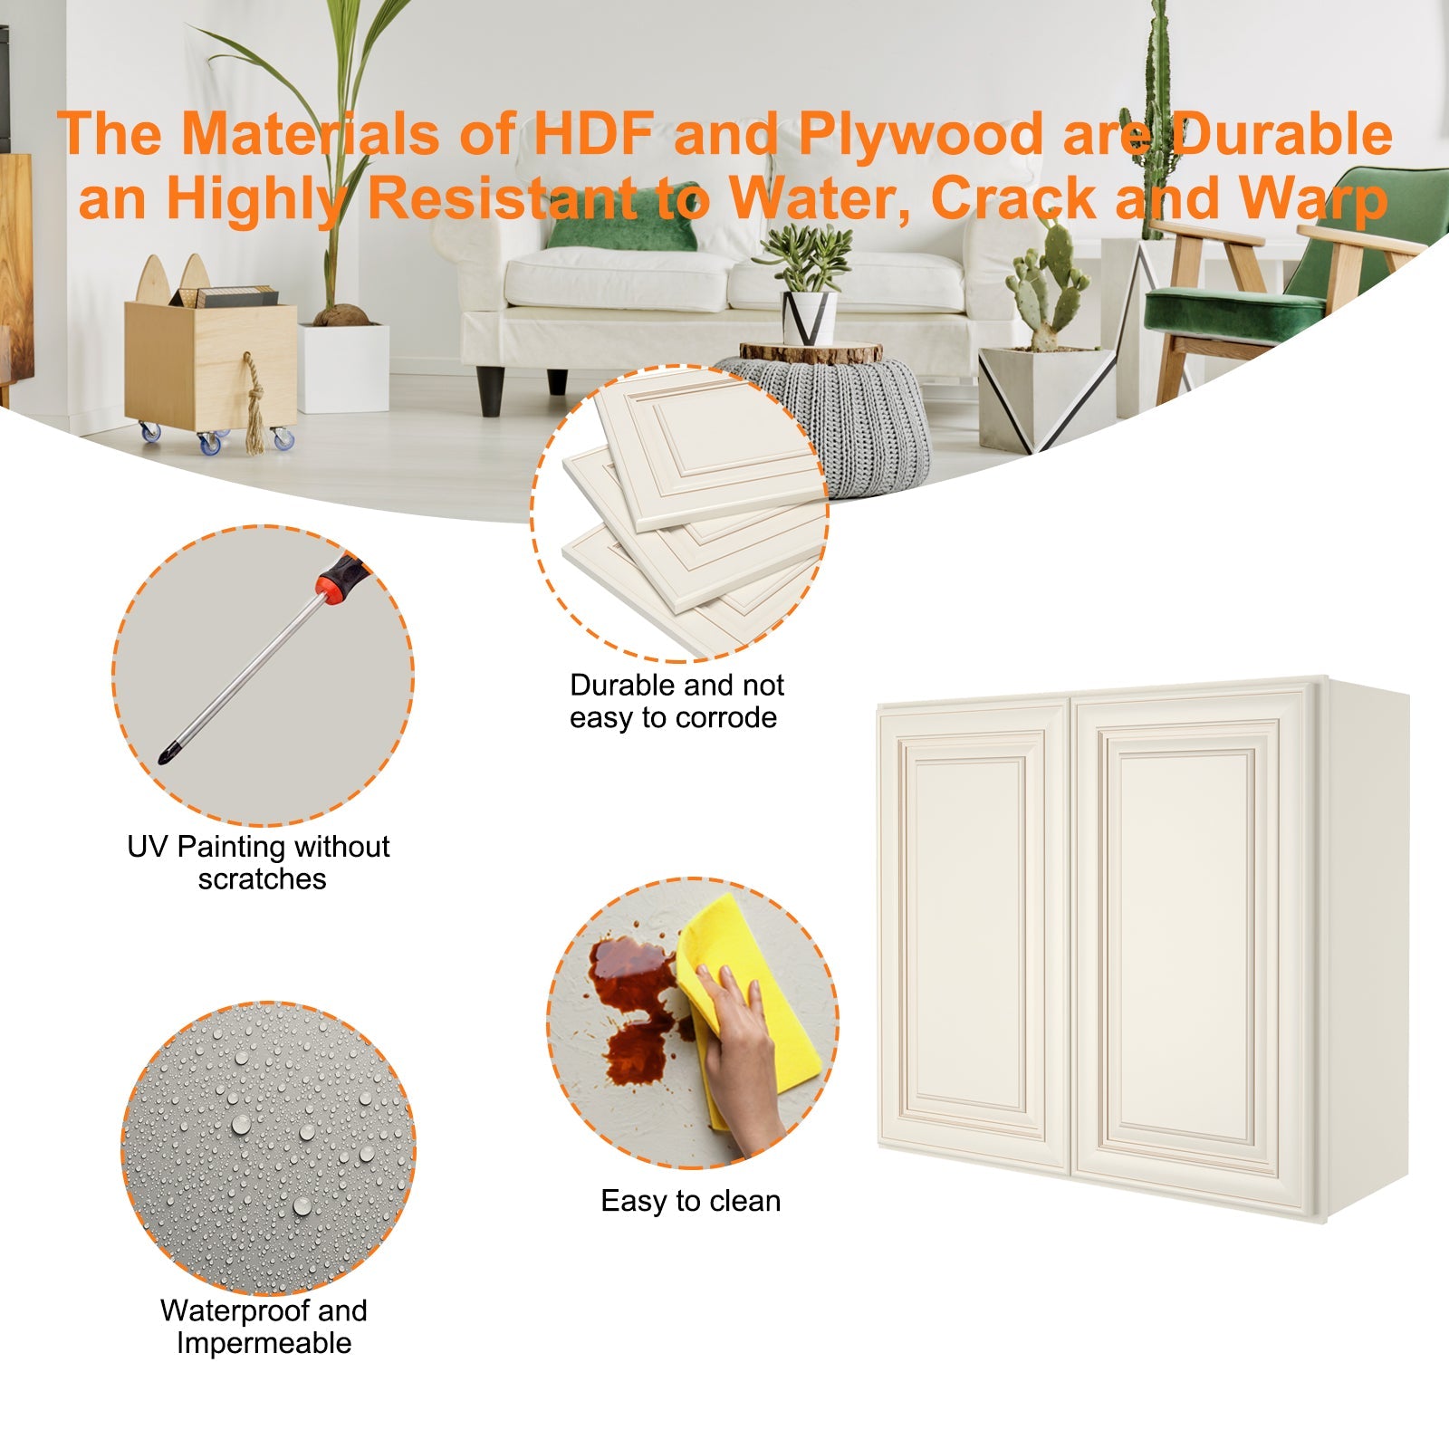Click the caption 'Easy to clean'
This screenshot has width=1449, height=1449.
click(690, 1201)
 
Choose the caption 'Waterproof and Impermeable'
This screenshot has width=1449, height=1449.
click(264, 1327)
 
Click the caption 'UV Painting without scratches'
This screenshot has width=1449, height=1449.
click(259, 862)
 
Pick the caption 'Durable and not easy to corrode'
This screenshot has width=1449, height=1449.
click(676, 701)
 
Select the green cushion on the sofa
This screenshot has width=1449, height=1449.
click(625, 229)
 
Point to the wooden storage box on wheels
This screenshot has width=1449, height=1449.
click(210, 362)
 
